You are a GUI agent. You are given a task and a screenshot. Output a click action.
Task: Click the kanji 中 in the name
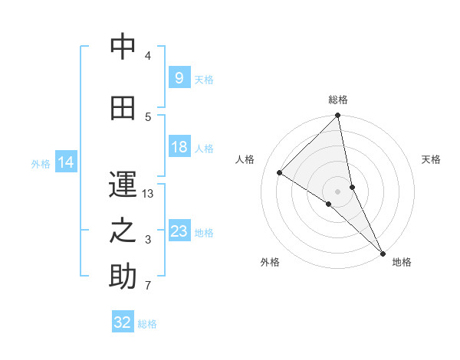tap(123, 47)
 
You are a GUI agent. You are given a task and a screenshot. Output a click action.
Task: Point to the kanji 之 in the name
tap(123, 231)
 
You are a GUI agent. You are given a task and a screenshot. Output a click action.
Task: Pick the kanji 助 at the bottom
tap(123, 277)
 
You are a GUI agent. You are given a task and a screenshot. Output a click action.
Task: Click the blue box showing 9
tap(179, 77)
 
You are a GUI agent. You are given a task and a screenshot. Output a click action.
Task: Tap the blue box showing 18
tap(179, 147)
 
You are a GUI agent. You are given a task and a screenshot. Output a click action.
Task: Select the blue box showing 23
tap(179, 231)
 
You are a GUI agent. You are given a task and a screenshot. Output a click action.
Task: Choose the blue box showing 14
tap(66, 162)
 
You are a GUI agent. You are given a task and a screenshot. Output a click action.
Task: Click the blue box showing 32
tap(123, 322)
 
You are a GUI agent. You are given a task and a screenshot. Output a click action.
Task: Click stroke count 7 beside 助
tap(148, 286)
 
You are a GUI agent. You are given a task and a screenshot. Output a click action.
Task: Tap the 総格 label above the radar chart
tap(338, 100)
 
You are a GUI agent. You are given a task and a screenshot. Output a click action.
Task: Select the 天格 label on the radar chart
tap(431, 159)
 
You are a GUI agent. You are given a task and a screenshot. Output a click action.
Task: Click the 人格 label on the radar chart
tap(245, 159)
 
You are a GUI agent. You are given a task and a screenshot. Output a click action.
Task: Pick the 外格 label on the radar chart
tap(270, 262)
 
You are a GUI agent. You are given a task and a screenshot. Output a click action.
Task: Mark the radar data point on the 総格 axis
tap(338, 116)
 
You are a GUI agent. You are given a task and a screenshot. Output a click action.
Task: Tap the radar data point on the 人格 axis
tap(280, 172)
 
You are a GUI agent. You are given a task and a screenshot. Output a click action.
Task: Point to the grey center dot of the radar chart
tap(338, 191)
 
